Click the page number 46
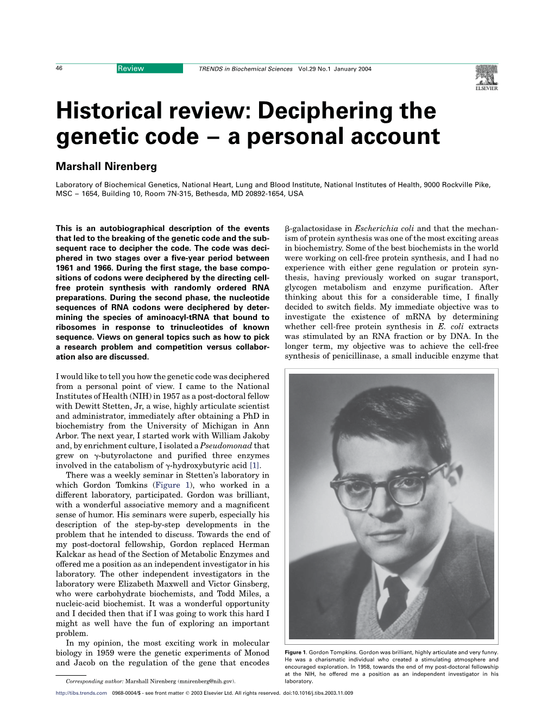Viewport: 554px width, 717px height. [x=59, y=68]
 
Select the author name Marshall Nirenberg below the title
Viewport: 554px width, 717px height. [x=106, y=166]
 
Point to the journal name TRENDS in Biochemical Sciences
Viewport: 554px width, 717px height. [x=245, y=69]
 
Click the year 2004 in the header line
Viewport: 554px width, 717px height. [x=364, y=69]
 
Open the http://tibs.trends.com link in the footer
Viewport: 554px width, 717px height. [x=81, y=693]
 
